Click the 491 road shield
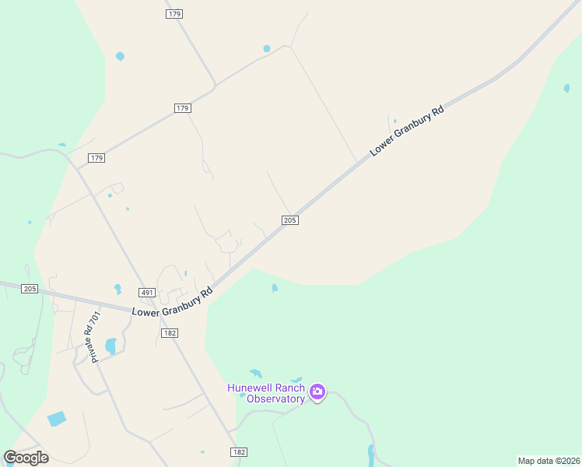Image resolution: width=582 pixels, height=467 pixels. pos(148,293)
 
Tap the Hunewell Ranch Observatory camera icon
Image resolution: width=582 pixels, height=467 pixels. pos(317,392)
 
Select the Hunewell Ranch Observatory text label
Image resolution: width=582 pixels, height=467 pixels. pos(265,393)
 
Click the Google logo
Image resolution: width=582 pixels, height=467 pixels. pos(26,458)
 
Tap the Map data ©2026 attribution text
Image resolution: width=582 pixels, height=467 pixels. pos(549,461)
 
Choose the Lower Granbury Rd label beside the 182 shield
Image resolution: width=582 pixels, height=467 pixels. pos(172,303)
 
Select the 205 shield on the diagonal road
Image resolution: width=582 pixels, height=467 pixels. pos(289,220)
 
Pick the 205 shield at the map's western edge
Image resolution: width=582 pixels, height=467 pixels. pos(30,289)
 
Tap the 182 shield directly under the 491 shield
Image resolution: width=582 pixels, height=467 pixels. pos(170,332)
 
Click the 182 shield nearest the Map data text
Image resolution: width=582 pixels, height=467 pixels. pos(239,452)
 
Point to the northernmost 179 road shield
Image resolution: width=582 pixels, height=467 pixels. pos(174,14)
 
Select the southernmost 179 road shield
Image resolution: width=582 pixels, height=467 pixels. pos(96,158)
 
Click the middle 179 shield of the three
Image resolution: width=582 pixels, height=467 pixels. pos(183,108)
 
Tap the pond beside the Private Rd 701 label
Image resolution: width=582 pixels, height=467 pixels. pos(110,345)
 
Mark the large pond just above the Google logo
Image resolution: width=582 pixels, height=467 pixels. pos(57,419)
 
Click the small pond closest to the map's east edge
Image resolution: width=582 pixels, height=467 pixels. pos(566,88)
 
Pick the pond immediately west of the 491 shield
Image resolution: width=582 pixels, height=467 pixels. pos(117,289)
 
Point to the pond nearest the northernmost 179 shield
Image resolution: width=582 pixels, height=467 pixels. pos(120,56)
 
